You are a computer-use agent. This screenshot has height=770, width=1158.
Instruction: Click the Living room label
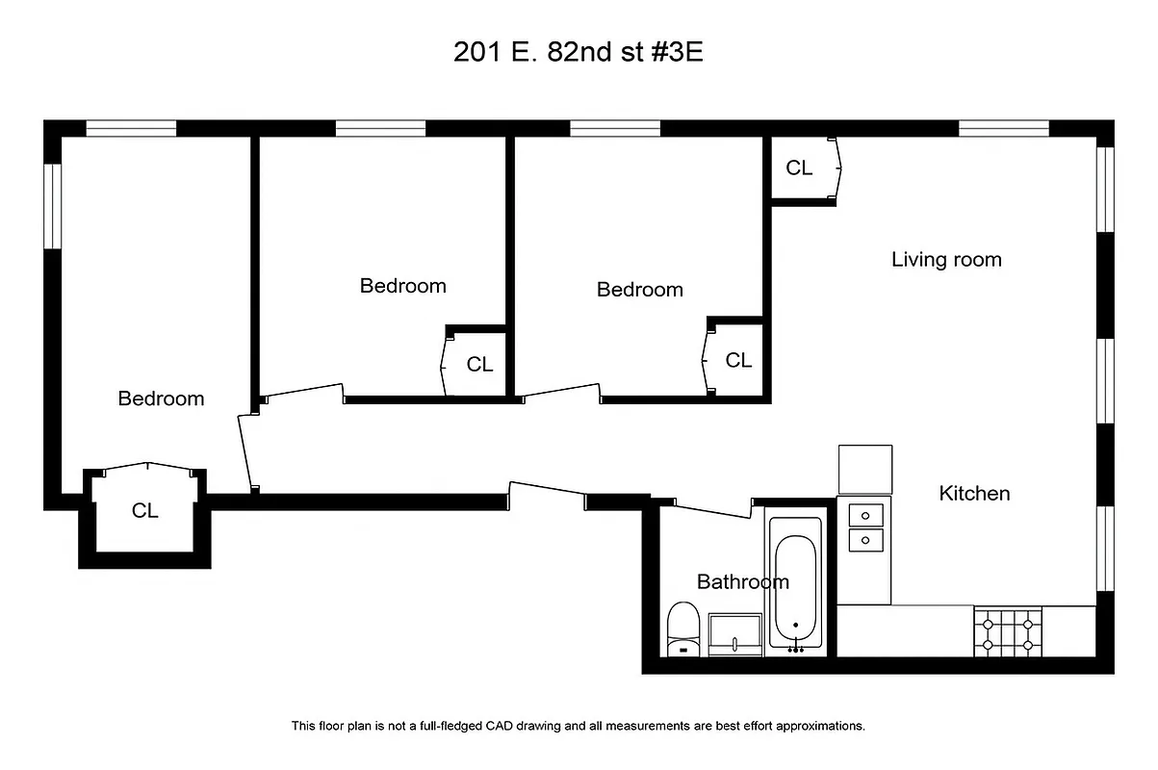(x=946, y=260)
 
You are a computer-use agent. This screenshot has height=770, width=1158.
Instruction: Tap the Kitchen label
(x=974, y=494)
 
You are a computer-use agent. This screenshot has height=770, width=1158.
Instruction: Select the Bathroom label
(x=742, y=582)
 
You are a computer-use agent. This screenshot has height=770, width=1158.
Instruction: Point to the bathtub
(x=795, y=583)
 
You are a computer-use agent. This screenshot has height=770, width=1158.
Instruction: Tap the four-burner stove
(x=1009, y=631)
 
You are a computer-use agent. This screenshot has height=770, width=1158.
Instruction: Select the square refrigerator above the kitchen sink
(x=865, y=469)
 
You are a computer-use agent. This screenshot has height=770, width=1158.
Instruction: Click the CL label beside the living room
(x=799, y=168)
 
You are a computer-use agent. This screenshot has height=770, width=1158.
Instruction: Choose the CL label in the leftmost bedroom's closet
(x=145, y=511)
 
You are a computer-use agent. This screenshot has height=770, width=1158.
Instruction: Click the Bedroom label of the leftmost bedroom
(x=161, y=398)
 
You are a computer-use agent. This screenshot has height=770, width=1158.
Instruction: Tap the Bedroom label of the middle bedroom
(x=402, y=286)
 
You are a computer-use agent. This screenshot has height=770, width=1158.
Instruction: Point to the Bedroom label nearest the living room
(x=640, y=290)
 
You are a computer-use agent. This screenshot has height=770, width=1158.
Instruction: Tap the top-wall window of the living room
(x=1003, y=128)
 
